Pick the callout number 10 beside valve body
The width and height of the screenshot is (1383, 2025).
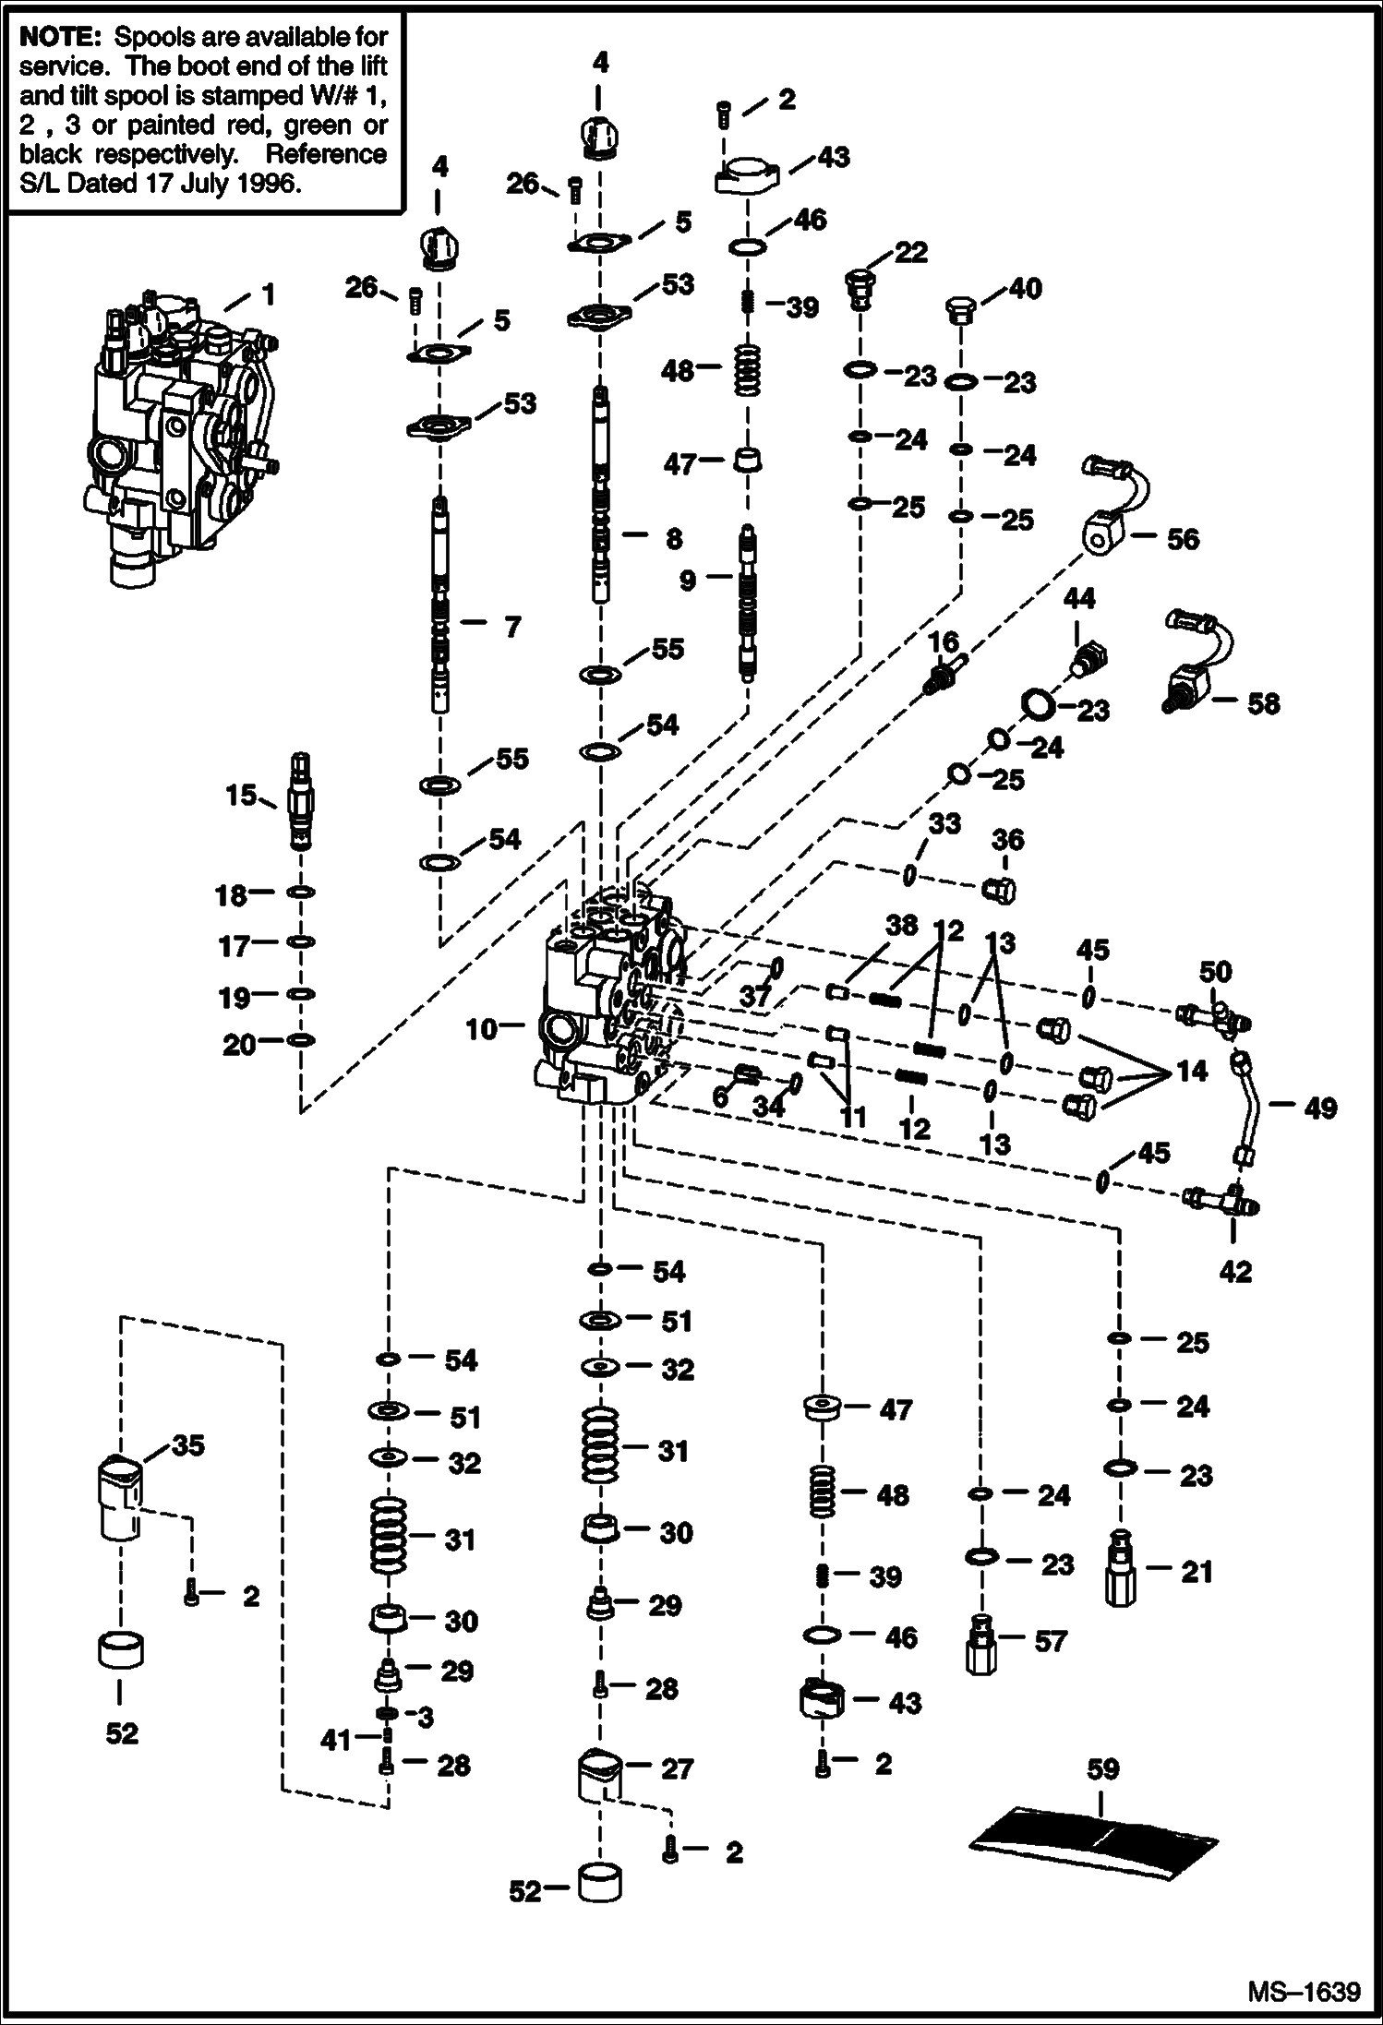[x=481, y=1028]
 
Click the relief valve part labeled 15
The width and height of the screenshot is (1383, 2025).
[x=301, y=800]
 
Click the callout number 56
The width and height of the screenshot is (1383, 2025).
[x=1183, y=539]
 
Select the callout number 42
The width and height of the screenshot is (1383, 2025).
[x=1234, y=1272]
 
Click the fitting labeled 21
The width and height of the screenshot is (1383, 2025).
[x=1119, y=1570]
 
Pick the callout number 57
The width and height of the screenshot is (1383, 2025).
[x=1051, y=1640]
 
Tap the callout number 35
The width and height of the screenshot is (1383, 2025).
[x=187, y=1445]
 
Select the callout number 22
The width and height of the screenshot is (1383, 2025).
[x=910, y=252]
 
